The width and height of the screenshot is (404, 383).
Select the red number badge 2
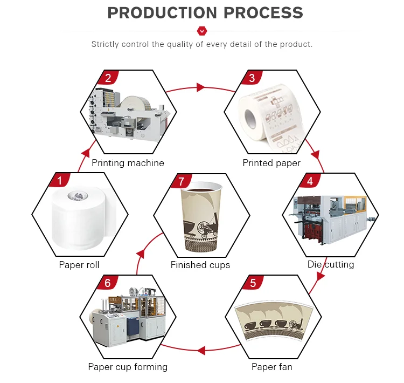[x=108, y=78]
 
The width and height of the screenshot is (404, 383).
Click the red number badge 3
[x=252, y=78]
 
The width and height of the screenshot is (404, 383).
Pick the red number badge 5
[x=252, y=283]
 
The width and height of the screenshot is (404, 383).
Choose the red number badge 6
[x=108, y=283]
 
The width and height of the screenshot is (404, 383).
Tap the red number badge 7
[x=181, y=181]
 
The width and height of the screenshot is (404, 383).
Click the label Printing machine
[x=128, y=163]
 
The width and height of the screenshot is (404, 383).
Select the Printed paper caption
[x=271, y=163]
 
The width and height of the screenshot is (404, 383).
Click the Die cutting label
[x=330, y=265]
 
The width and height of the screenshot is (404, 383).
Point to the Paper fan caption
[x=271, y=367]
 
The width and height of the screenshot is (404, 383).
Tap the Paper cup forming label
[x=128, y=367]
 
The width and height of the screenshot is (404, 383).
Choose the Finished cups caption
[x=200, y=265]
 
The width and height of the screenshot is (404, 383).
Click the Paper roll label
[x=79, y=265]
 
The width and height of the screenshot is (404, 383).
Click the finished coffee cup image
[x=201, y=218]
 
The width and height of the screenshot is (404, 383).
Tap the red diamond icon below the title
[x=202, y=31]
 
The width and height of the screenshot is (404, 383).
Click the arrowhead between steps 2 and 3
[x=201, y=87]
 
